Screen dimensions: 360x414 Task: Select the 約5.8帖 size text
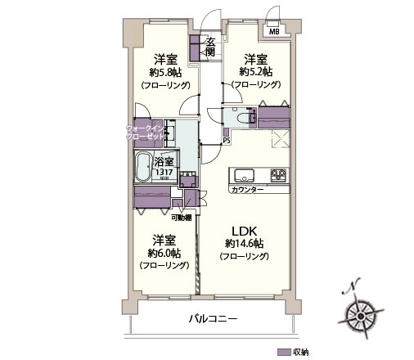[165, 72]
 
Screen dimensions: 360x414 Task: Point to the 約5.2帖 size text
[255, 72]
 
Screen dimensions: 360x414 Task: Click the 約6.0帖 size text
[165, 253]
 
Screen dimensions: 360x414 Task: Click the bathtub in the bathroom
[143, 168]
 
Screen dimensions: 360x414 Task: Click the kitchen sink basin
[244, 174]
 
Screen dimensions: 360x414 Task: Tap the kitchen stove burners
[278, 174]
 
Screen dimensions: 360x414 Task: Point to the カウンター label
[247, 189]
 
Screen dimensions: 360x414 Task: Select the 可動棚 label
[182, 217]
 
